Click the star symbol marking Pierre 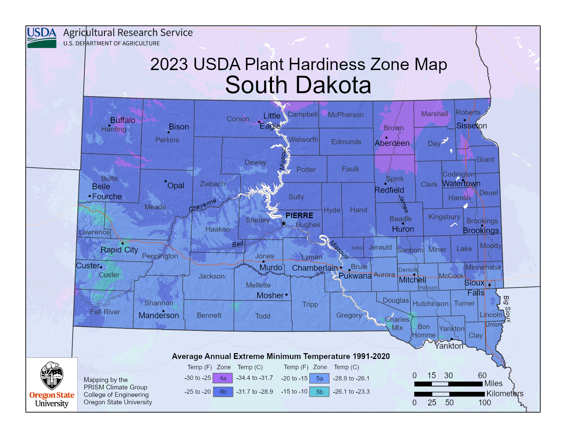[x=284, y=224]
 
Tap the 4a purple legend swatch [x=223, y=378]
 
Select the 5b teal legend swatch [x=319, y=392]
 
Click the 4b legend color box [x=223, y=392]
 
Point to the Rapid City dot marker [x=122, y=244]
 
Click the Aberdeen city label [x=392, y=143]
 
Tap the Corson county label [x=238, y=119]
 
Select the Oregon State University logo [x=52, y=385]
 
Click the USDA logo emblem [x=42, y=37]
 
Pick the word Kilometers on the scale [x=505, y=394]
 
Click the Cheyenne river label [x=202, y=205]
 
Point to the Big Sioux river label [x=507, y=309]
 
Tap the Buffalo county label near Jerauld [x=357, y=248]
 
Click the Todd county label [x=262, y=316]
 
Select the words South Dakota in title [x=298, y=85]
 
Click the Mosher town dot [x=286, y=295]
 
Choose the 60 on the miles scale [x=482, y=375]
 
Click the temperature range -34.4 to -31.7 [x=255, y=378]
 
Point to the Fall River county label [x=105, y=312]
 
